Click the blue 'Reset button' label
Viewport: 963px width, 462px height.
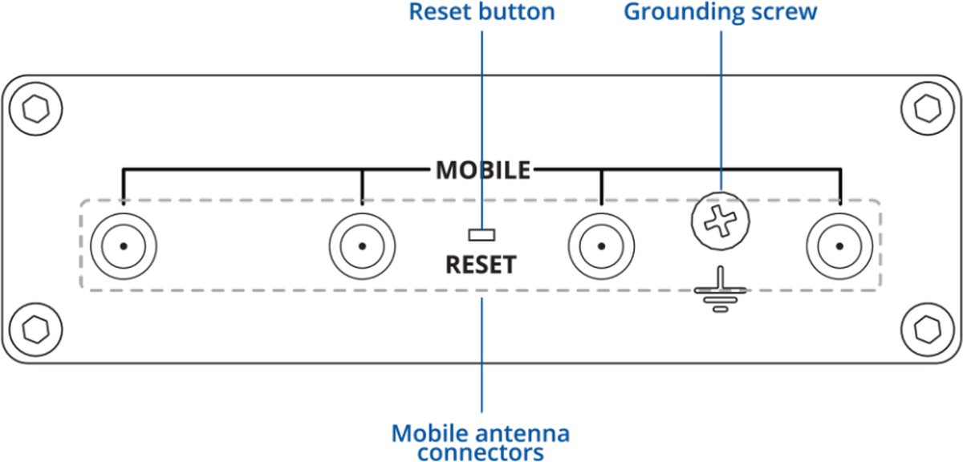click(x=481, y=11)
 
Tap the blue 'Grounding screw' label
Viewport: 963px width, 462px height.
click(x=720, y=11)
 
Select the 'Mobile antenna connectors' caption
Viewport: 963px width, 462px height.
click(x=481, y=443)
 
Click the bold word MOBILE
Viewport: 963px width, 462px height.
click(x=483, y=170)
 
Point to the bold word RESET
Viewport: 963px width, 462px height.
click(x=481, y=265)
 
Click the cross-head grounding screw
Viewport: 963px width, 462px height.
click(x=721, y=221)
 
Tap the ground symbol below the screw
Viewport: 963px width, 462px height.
click(x=721, y=290)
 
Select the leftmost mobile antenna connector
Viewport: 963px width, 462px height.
click(x=124, y=246)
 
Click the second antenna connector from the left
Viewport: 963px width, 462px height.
click(x=362, y=246)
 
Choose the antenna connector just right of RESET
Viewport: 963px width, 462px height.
click(x=601, y=246)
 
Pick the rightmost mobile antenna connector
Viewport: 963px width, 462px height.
click(x=839, y=246)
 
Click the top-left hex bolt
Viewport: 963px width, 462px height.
click(x=35, y=109)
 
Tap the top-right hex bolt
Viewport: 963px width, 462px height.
click(x=928, y=109)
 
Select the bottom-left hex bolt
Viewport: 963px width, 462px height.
click(x=35, y=330)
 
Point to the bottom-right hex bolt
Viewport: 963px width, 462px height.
click(x=928, y=330)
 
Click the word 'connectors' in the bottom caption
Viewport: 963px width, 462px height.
click(x=480, y=452)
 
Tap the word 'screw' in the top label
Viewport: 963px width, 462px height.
click(x=784, y=12)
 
